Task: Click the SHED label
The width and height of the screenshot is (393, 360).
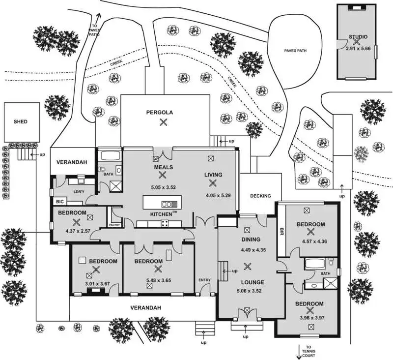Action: [21, 121]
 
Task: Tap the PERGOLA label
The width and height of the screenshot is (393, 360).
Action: [160, 113]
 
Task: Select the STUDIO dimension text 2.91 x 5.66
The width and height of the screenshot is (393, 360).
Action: [358, 49]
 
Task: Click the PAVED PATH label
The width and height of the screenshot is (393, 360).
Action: [295, 51]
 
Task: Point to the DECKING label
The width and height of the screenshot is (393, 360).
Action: [261, 196]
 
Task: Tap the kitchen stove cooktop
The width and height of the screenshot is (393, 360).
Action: [165, 223]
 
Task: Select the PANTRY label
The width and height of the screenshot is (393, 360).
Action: [114, 225]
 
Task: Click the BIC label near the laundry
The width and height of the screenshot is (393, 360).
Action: [60, 202]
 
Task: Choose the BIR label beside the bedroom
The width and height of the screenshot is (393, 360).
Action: [281, 232]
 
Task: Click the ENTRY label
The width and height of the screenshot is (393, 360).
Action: [204, 280]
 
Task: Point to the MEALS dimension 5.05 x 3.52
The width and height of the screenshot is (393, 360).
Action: [164, 187]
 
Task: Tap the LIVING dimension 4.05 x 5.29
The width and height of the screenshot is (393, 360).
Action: [218, 195]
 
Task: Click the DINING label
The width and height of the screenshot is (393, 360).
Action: [251, 240]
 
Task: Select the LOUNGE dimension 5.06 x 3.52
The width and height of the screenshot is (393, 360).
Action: [250, 291]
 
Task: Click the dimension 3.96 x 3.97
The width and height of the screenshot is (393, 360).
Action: [312, 318]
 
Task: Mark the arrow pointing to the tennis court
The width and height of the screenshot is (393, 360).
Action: [299, 352]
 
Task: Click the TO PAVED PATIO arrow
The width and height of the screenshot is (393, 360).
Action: [98, 18]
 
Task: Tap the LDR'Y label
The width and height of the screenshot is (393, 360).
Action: [79, 192]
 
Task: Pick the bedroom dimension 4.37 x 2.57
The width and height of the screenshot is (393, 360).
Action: [78, 231]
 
